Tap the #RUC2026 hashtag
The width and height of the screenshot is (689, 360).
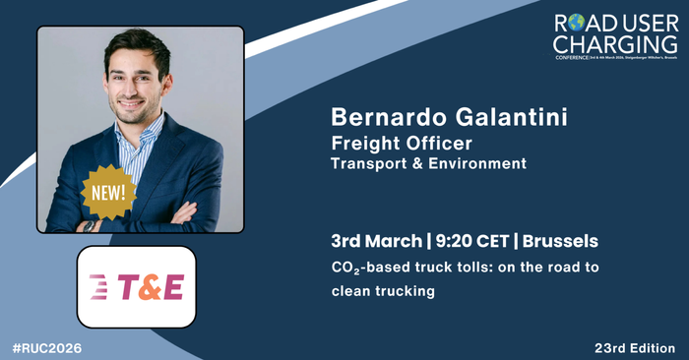(47, 348)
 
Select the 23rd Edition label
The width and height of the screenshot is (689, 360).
(634, 348)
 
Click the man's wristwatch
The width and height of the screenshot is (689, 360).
(90, 224)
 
